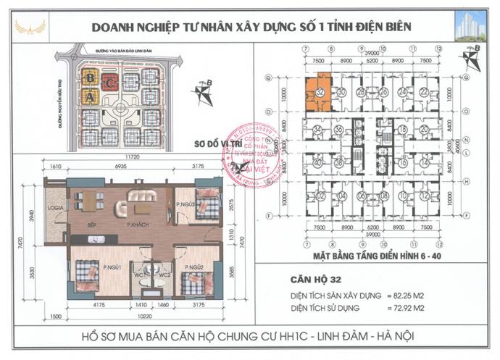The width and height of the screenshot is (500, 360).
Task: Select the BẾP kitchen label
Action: pos(92,225)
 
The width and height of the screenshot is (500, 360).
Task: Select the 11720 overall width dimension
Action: pos(130,157)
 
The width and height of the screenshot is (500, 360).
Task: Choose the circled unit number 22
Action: pos(422,93)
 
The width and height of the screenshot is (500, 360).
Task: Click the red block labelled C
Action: pos(109,81)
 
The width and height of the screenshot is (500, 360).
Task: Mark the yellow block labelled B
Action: pos(90,77)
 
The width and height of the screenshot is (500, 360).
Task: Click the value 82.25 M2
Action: pos(433,295)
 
